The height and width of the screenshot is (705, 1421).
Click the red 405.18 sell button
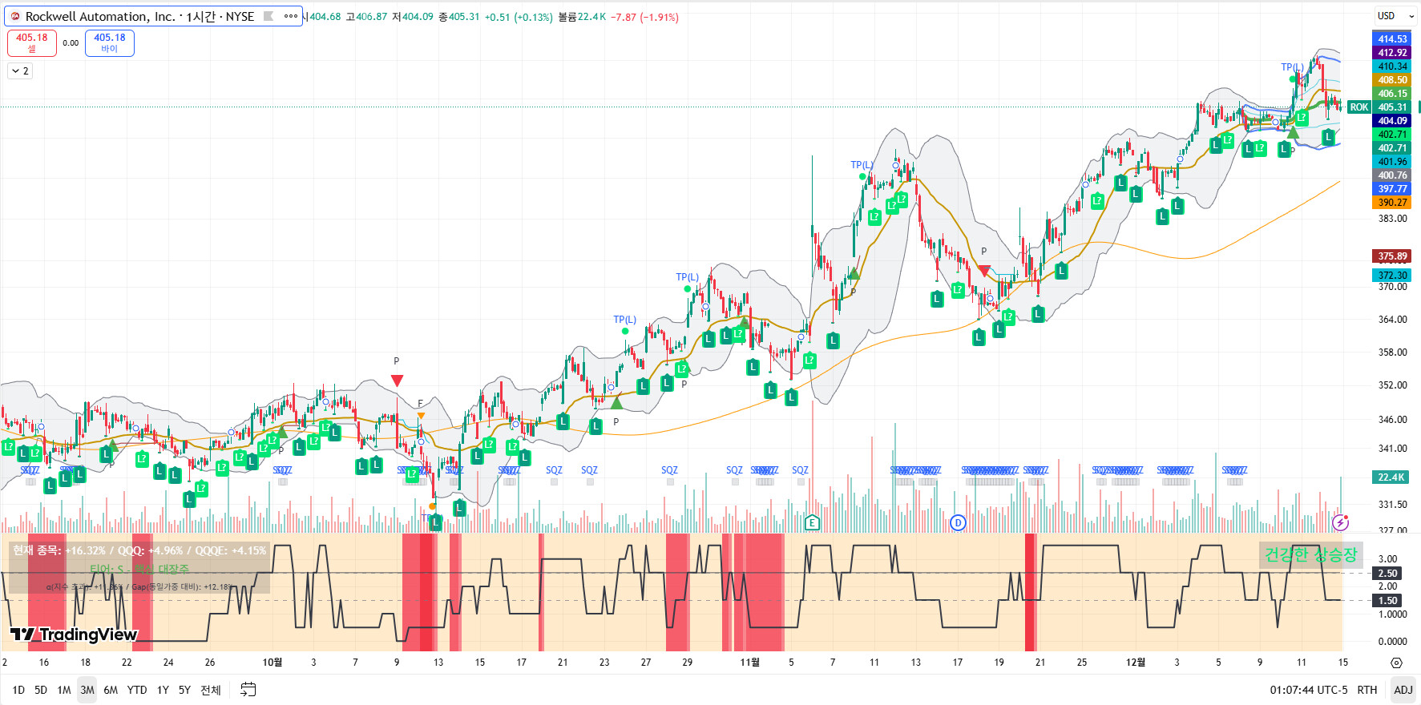[x=32, y=42]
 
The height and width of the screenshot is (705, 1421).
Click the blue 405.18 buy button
[x=110, y=42]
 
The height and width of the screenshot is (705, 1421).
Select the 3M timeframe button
[x=87, y=690]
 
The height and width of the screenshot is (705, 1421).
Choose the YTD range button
[x=137, y=690]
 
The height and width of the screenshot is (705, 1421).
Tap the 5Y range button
[x=184, y=690]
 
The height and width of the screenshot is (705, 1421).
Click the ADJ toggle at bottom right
[x=1403, y=690]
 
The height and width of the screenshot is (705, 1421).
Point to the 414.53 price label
[x=1392, y=39]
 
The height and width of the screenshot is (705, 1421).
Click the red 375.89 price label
[x=1392, y=256]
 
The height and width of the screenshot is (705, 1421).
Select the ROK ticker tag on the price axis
[x=1358, y=107]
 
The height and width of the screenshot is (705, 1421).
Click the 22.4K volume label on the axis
[x=1391, y=477]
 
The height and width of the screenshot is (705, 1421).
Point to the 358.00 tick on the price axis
[x=1392, y=352]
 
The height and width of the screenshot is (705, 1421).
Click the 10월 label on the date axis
[x=272, y=663]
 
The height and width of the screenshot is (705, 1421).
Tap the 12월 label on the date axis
[x=1136, y=663]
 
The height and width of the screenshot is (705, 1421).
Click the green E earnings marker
[x=812, y=523]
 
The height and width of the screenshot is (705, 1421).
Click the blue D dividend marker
[x=958, y=523]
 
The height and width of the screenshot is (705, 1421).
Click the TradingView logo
[x=75, y=635]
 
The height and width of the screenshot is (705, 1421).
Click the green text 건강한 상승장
[x=1310, y=554]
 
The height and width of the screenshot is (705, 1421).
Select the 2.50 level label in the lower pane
[x=1387, y=574]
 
